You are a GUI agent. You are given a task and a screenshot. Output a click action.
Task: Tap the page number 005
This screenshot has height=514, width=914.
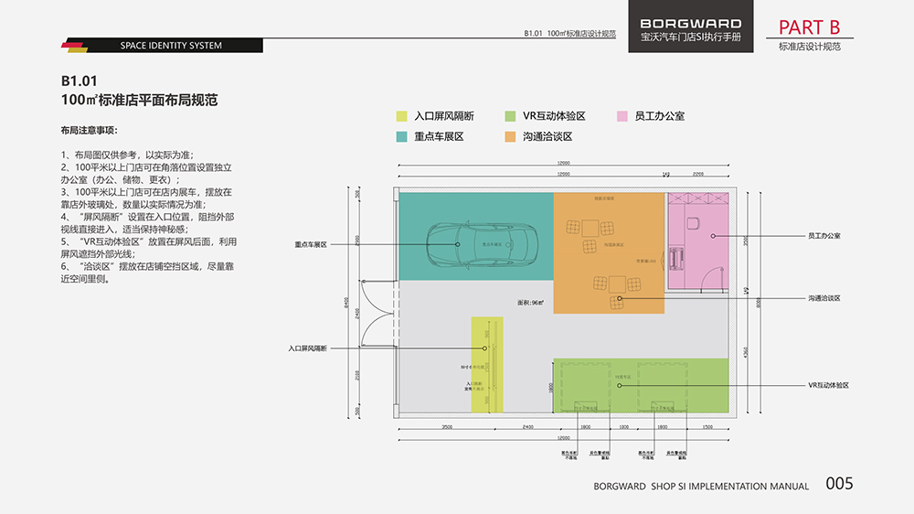pyautogui.click(x=839, y=484)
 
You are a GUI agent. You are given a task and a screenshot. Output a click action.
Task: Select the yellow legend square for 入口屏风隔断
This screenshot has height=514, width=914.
pyautogui.click(x=401, y=116)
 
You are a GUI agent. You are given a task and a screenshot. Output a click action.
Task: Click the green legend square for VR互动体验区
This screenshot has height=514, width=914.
pyautogui.click(x=510, y=116)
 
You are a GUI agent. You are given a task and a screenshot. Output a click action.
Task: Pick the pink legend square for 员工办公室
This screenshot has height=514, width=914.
pyautogui.click(x=622, y=116)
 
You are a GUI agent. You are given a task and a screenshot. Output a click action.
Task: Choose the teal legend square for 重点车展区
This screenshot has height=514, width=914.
pyautogui.click(x=401, y=136)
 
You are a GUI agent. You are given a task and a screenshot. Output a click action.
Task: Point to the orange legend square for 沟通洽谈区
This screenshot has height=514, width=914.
pyautogui.click(x=510, y=136)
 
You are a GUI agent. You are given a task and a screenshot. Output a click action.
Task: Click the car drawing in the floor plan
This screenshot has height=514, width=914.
pyautogui.click(x=482, y=244)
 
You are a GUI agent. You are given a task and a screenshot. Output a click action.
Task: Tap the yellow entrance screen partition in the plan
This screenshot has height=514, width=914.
pyautogui.click(x=487, y=364)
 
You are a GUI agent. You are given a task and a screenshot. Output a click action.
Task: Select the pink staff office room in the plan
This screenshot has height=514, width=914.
pyautogui.click(x=696, y=240)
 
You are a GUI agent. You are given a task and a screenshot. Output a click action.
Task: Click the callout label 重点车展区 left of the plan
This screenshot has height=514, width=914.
pyautogui.click(x=311, y=245)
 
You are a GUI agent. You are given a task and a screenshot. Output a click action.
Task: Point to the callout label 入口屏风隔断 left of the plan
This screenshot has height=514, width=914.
pyautogui.click(x=307, y=348)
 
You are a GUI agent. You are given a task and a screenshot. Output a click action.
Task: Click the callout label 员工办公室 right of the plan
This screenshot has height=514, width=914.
pyautogui.click(x=824, y=236)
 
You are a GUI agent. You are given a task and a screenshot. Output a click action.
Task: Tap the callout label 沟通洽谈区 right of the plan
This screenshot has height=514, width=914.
pyautogui.click(x=824, y=298)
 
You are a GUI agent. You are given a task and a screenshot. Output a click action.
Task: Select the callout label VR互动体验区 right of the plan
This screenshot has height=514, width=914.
pyautogui.click(x=829, y=386)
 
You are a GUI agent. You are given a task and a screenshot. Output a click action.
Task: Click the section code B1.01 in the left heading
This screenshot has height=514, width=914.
pyautogui.click(x=80, y=80)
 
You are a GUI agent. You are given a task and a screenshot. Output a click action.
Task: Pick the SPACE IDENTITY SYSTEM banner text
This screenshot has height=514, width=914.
pyautogui.click(x=171, y=46)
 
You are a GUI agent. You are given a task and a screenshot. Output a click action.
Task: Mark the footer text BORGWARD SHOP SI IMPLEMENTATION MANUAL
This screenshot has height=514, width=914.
pyautogui.click(x=701, y=487)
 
